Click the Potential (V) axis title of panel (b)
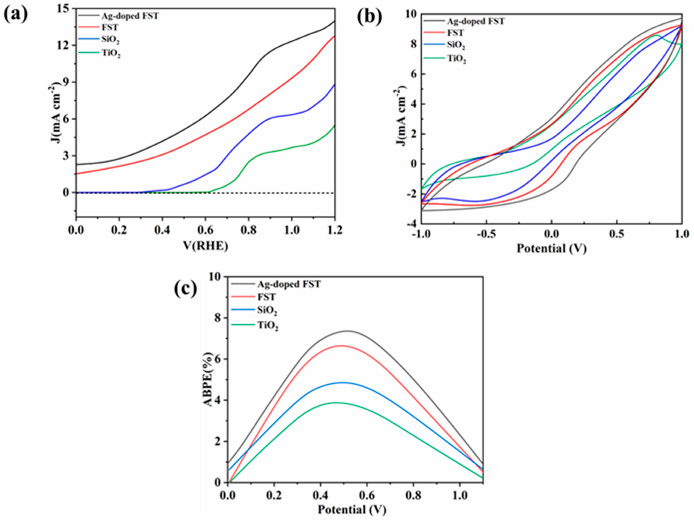[x=551, y=249]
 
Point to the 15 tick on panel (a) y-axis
[x=64, y=9]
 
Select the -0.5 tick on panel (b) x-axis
[x=486, y=234]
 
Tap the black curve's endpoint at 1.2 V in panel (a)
[x=334, y=21]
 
